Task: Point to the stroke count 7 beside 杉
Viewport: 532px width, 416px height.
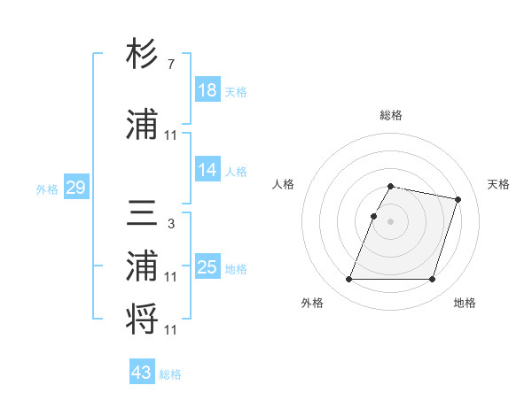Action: pyautogui.click(x=170, y=65)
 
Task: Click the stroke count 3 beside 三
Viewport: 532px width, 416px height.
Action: pyautogui.click(x=170, y=224)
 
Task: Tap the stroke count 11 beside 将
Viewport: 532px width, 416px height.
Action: pyautogui.click(x=171, y=330)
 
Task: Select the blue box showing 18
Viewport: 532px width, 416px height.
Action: pyautogui.click(x=207, y=90)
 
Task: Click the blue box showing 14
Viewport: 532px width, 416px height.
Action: pyautogui.click(x=207, y=170)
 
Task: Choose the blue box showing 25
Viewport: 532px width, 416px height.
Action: pyautogui.click(x=207, y=267)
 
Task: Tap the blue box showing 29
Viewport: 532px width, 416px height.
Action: pyautogui.click(x=75, y=188)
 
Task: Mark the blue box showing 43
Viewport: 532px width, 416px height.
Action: pyautogui.click(x=142, y=373)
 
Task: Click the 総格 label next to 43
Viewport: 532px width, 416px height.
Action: pyautogui.click(x=170, y=374)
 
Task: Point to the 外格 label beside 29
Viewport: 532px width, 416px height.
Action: pyautogui.click(x=47, y=189)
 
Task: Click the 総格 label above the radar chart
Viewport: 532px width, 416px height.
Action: pyautogui.click(x=391, y=115)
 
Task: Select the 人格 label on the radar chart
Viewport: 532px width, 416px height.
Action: pyautogui.click(x=284, y=184)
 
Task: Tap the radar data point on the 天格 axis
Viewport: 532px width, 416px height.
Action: pyautogui.click(x=458, y=200)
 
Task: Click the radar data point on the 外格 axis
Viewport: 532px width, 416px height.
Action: pyautogui.click(x=349, y=280)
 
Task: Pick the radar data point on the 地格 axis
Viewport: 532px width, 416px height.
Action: pyautogui.click(x=432, y=280)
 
